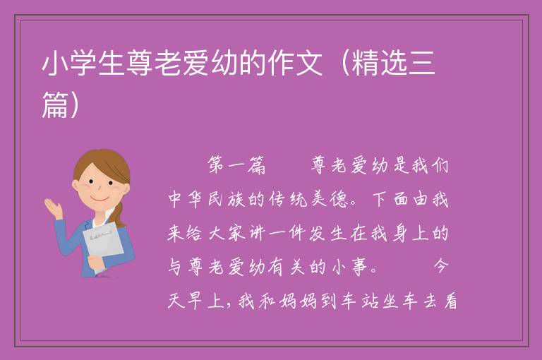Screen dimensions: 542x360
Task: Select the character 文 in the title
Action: pos(308,63)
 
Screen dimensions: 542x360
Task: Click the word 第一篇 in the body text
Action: pos(237,165)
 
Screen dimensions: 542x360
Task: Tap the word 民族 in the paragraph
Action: pos(227,199)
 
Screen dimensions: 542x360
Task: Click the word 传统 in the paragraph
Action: pos(288,199)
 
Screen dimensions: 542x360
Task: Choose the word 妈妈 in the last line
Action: pos(297,300)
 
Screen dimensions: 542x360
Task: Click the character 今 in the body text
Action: pos(440,266)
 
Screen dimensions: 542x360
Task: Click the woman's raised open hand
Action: pos(54,208)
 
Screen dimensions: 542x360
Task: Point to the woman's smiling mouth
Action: pos(100,199)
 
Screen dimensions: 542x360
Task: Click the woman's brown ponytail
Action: pos(119,213)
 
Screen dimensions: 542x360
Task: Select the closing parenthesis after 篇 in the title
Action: pos(74,104)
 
